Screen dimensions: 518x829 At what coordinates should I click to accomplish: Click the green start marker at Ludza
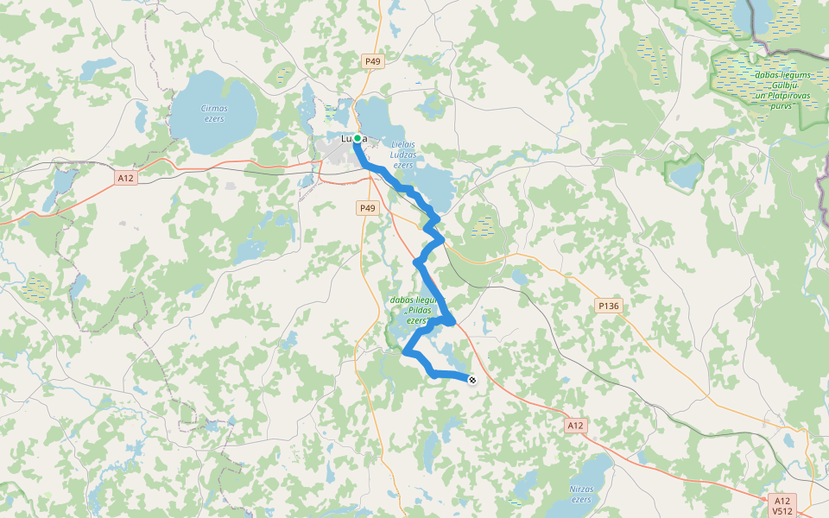(x=357, y=138)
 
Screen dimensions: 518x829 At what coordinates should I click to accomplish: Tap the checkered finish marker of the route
(x=471, y=380)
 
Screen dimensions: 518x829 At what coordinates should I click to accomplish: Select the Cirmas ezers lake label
(x=213, y=113)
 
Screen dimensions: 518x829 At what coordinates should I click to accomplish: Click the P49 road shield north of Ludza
(x=372, y=60)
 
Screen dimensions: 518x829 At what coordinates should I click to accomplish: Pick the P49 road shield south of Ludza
(x=368, y=208)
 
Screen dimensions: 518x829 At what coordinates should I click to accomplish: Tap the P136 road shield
(x=609, y=306)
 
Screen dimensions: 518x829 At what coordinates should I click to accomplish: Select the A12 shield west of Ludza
(x=126, y=178)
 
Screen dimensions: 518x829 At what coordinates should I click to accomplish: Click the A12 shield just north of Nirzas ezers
(x=577, y=426)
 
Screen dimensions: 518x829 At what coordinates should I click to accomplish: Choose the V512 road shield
(x=782, y=511)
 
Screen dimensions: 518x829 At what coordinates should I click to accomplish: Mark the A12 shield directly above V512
(x=782, y=501)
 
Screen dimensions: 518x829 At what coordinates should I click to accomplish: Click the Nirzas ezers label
(x=580, y=494)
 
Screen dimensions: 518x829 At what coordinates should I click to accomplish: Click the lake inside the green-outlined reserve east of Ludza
(x=687, y=175)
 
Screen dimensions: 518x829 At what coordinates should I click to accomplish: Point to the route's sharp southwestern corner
(x=405, y=351)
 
